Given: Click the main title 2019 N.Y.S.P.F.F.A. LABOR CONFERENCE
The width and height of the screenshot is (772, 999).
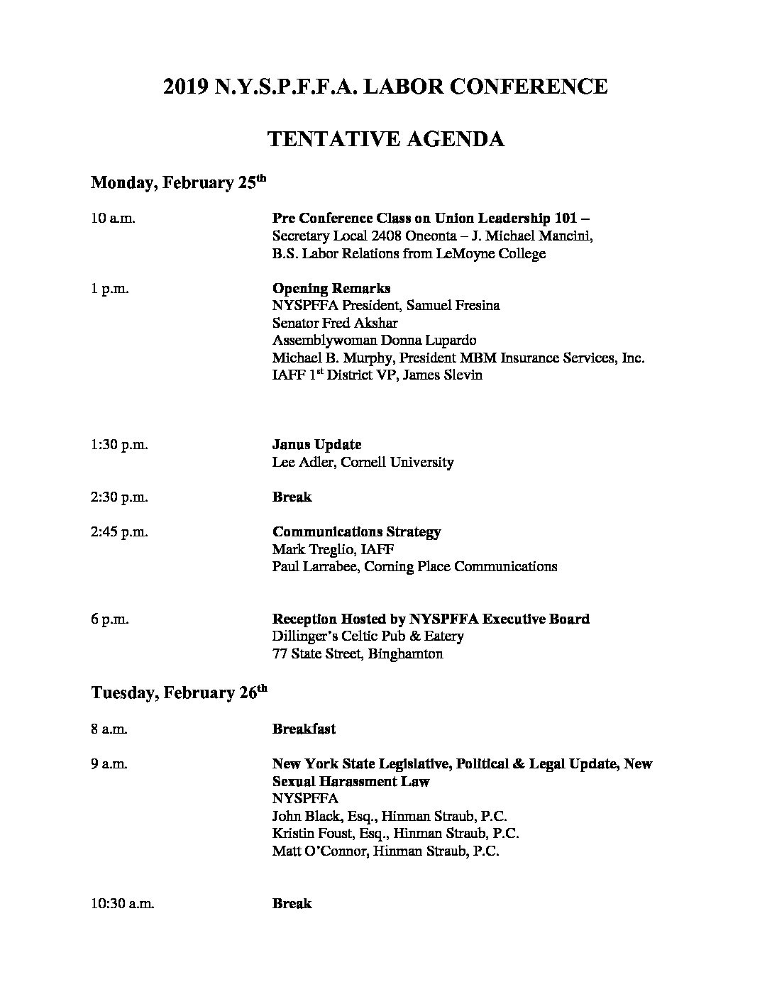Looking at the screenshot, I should coord(385,87).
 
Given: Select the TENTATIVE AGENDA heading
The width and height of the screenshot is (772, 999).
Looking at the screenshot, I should coord(385,138).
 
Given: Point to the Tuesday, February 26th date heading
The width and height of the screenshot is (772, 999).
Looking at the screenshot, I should coord(179,692).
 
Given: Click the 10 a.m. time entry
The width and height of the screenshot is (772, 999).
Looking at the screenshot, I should coord(113,218).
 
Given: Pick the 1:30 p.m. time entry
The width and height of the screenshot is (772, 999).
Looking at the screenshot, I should coord(119,445).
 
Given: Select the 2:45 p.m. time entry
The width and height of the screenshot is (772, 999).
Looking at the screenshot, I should coord(119,532).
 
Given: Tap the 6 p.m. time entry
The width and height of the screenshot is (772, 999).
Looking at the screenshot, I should coord(110,619).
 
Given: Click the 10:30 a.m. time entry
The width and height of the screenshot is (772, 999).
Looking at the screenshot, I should coord(123,904).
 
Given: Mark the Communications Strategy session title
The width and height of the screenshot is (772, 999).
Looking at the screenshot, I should coord(356,532).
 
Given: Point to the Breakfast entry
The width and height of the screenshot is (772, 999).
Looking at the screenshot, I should coord(304,729).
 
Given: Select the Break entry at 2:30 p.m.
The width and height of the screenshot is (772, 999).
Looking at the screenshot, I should coord(292,497).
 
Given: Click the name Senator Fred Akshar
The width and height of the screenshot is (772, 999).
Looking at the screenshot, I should coord(335,323).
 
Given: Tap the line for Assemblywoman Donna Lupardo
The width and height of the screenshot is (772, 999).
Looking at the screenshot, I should coord(374,341).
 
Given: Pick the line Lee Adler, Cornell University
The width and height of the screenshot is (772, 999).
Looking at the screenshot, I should coord(363,463).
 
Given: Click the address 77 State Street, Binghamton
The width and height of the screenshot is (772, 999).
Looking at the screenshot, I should coord(357,653).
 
